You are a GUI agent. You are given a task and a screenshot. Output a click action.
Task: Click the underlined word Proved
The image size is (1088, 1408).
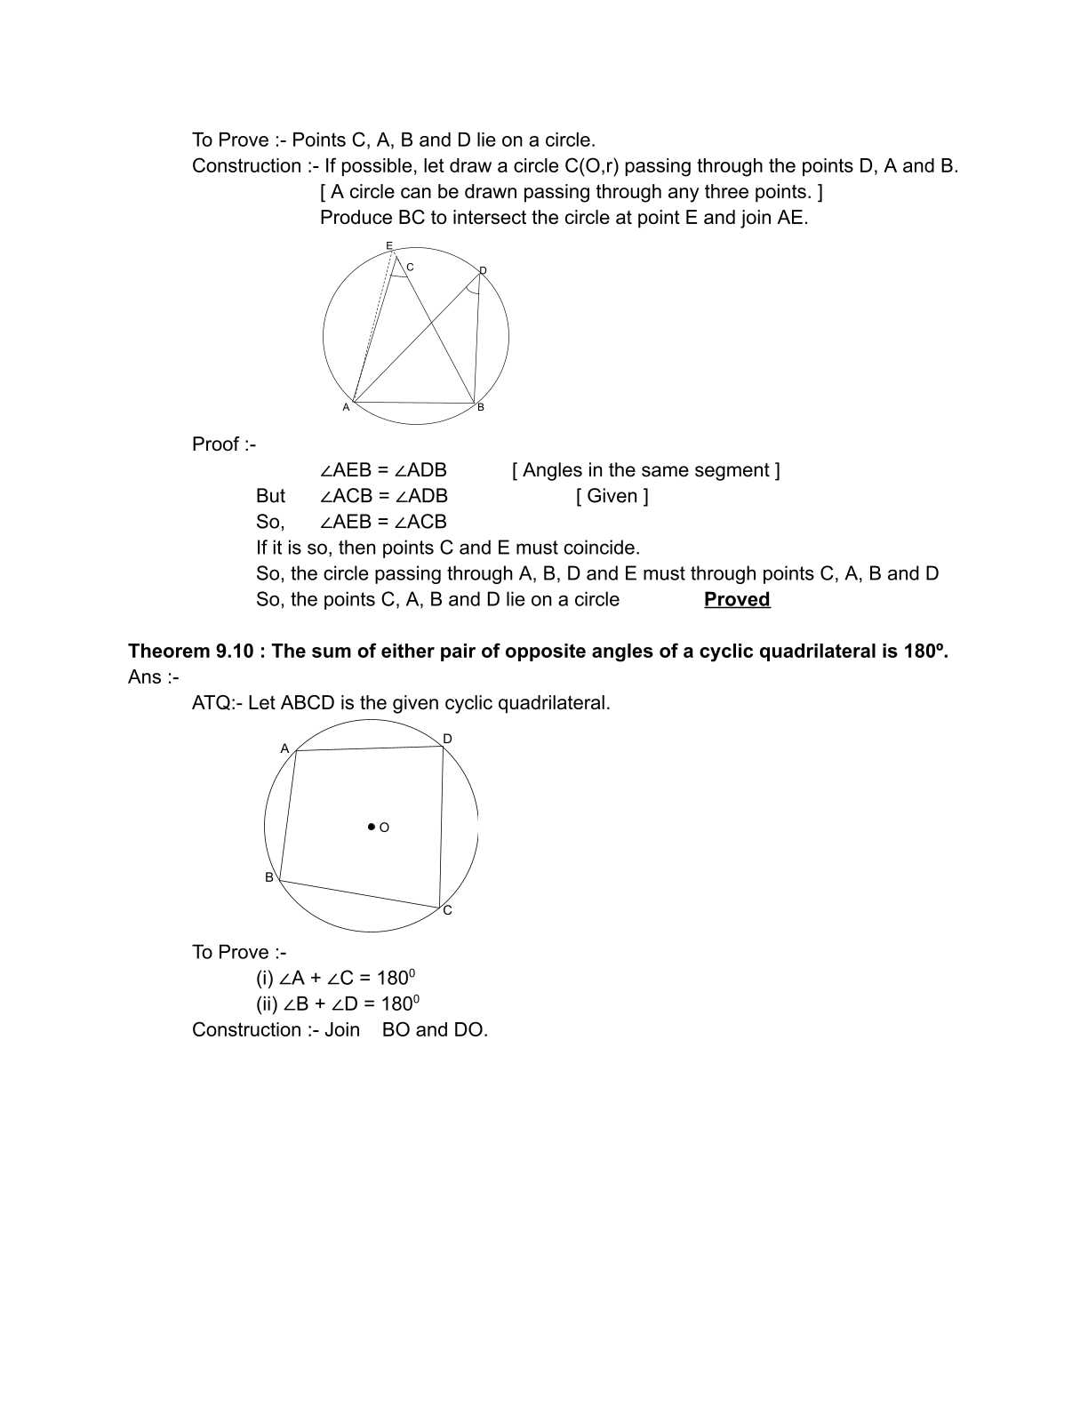pyautogui.click(x=736, y=599)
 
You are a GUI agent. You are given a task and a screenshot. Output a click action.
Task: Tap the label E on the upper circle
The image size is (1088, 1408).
pyautogui.click(x=388, y=245)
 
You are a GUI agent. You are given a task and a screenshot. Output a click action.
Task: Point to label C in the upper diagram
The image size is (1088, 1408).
pyautogui.click(x=410, y=267)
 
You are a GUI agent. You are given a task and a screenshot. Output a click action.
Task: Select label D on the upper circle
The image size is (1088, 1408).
pyautogui.click(x=483, y=270)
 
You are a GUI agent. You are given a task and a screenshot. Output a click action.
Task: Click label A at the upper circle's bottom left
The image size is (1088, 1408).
pyautogui.click(x=346, y=407)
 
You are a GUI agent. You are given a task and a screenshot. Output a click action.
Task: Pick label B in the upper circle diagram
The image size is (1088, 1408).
pyautogui.click(x=481, y=407)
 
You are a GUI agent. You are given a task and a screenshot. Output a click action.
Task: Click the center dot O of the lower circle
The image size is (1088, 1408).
pyautogui.click(x=372, y=827)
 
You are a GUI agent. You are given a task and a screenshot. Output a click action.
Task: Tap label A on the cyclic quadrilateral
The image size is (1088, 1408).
pyautogui.click(x=284, y=748)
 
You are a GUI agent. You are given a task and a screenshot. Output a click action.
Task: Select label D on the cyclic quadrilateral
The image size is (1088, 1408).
pyautogui.click(x=447, y=739)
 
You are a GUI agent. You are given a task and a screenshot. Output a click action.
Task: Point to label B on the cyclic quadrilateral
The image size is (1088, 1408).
pyautogui.click(x=269, y=877)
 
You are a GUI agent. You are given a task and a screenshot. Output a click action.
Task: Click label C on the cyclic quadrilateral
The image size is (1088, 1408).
pyautogui.click(x=447, y=910)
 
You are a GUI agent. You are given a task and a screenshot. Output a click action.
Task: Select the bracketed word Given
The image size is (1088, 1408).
pyautogui.click(x=612, y=496)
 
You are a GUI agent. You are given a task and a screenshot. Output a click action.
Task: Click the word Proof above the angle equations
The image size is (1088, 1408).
pyautogui.click(x=216, y=444)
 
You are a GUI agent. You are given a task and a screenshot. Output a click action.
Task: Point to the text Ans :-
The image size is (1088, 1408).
pyautogui.click(x=153, y=677)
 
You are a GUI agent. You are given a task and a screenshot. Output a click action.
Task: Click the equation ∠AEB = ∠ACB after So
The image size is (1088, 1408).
pyautogui.click(x=383, y=522)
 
